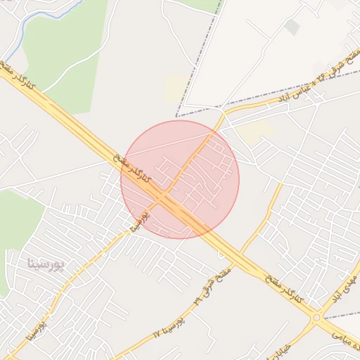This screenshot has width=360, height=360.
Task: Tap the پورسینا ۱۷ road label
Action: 169,330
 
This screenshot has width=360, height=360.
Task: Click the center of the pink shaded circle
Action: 180,179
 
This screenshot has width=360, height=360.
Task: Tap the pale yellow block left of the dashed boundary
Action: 176,89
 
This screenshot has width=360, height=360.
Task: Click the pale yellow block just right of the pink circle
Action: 255,131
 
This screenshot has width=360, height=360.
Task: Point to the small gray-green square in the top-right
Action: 292,27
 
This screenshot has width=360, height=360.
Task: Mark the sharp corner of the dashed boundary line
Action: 176,116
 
